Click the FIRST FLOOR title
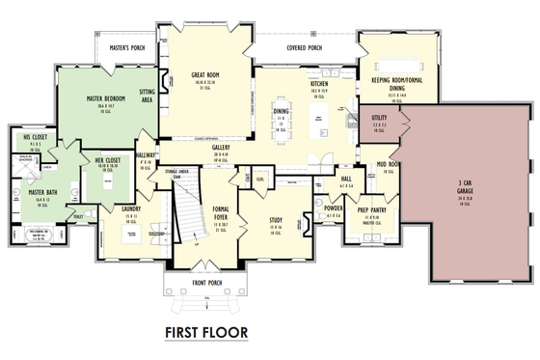205,333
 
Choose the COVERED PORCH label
304,46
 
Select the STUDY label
276,219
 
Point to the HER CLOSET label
106,159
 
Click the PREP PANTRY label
371,208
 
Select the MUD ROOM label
388,164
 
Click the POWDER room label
334,208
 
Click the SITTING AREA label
146,94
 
